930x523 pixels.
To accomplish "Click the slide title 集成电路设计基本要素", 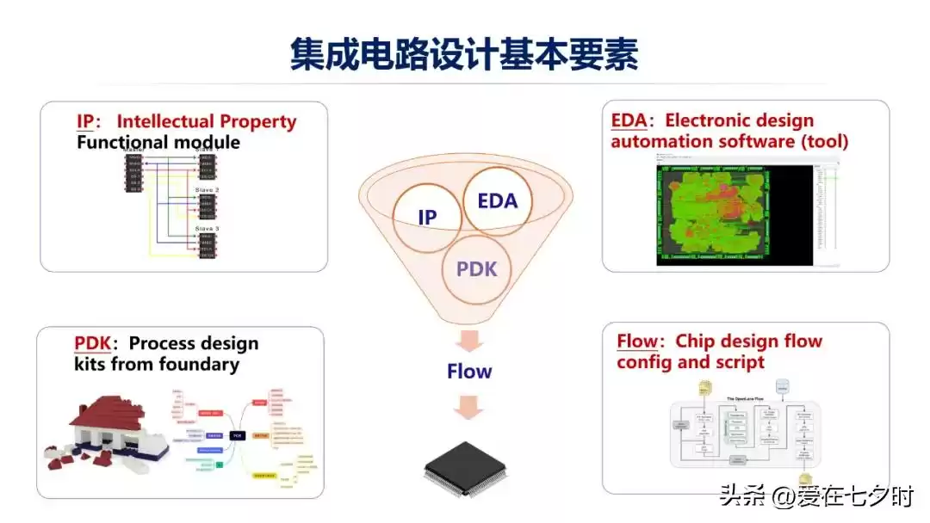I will (464, 53).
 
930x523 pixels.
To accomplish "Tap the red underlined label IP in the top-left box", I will (86, 121).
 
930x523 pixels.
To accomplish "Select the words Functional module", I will (158, 142).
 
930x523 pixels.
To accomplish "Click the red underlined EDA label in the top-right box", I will (628, 120).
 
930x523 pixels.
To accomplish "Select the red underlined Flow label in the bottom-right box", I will (637, 341).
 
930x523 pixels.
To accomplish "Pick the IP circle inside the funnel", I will (427, 218).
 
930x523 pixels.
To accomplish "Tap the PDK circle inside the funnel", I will (476, 268).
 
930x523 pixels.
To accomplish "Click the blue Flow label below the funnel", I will (469, 372).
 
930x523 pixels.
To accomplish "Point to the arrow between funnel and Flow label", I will (469, 340).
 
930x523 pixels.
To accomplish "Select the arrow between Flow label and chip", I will (469, 406).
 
